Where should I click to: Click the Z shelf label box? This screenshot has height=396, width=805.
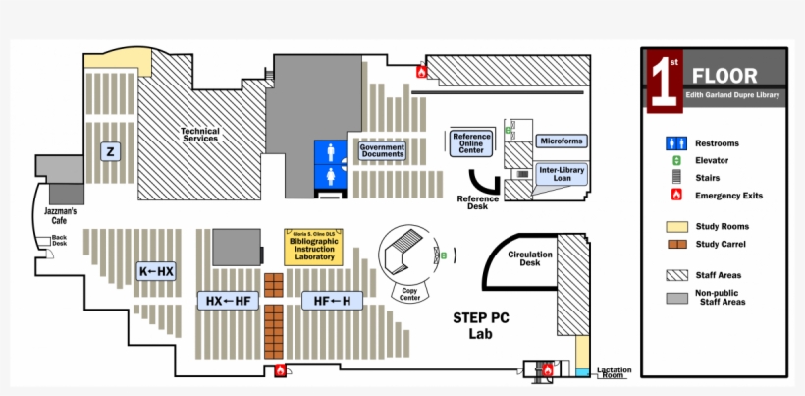[x=111, y=151]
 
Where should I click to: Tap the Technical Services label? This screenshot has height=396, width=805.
[x=199, y=135]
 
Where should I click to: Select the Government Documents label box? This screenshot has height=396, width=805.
[x=382, y=150]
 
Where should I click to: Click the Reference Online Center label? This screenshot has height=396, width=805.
[x=471, y=142]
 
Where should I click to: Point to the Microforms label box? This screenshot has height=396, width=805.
[x=562, y=141]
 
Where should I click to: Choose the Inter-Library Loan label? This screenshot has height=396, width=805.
[x=562, y=174]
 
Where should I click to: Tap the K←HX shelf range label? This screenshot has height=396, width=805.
[x=156, y=271]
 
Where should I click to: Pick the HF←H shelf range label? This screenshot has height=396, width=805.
[x=332, y=300]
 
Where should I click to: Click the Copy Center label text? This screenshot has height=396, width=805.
[x=410, y=294]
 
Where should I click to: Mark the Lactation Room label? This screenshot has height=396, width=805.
[x=615, y=372]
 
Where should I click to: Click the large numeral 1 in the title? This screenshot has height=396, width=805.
[x=664, y=80]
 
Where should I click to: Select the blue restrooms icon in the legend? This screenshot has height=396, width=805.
[x=675, y=143]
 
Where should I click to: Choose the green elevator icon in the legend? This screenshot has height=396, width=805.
[x=675, y=160]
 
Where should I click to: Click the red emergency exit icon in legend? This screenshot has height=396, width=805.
[x=675, y=195]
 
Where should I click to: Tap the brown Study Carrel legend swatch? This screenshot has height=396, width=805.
[x=675, y=244]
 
